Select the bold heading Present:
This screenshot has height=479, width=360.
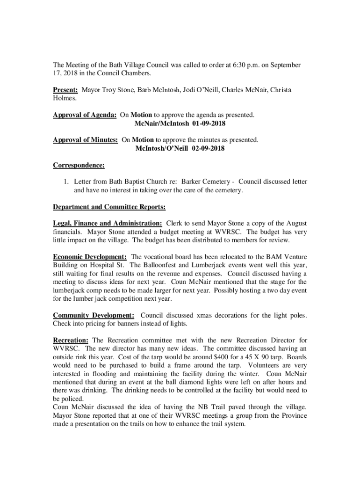[x=65, y=90]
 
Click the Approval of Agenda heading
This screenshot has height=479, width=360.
[x=85, y=115]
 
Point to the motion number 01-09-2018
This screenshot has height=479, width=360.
[x=209, y=123]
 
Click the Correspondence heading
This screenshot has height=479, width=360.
[x=79, y=165]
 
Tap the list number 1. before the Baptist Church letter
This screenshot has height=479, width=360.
[x=66, y=181]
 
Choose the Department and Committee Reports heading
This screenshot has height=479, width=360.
[x=109, y=206]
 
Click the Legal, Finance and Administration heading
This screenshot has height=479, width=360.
[x=108, y=224]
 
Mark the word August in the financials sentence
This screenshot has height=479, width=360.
[x=296, y=224]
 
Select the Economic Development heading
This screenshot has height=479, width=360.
[x=90, y=257]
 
